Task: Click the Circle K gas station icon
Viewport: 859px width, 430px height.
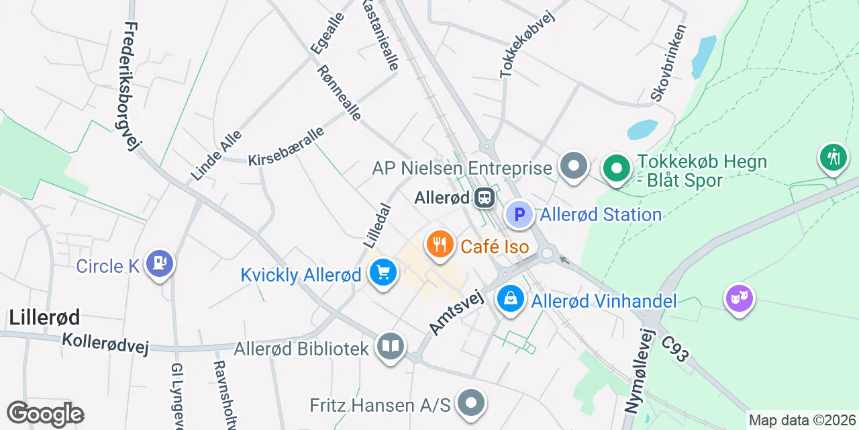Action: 159,264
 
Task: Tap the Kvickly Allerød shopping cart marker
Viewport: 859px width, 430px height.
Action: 383,273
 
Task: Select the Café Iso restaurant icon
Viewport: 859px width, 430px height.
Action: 440,245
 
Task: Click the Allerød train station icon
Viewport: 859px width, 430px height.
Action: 483,198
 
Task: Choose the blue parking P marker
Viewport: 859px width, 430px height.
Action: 519,215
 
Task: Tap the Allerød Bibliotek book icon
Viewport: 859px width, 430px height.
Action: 391,347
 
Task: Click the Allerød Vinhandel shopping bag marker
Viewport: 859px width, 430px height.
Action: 511,300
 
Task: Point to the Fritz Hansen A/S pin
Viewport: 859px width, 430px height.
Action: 471,403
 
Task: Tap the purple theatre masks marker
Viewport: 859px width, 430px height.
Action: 739,297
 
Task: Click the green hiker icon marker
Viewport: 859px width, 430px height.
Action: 833,158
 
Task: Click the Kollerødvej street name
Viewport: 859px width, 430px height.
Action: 105,343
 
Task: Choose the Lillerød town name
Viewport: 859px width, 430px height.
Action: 44,317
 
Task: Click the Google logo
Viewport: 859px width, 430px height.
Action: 45,415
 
